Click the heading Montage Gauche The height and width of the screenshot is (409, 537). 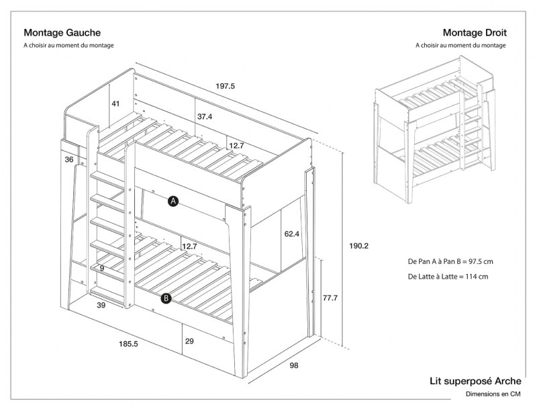coord(62,32)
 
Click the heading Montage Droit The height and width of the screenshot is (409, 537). coord(475,32)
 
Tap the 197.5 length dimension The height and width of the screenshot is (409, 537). coord(225,86)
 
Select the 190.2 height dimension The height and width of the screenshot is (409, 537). coord(360,246)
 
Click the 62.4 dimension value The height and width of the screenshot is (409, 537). coord(292,234)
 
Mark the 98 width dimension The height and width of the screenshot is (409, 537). coord(293,365)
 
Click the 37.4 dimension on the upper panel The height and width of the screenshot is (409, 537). coord(205,116)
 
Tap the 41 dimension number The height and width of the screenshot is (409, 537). coord(115,104)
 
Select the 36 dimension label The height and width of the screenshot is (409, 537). coord(69,160)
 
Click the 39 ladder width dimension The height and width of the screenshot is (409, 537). coord(101,306)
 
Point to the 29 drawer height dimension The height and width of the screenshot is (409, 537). coord(189,342)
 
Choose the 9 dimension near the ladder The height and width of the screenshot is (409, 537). coord(101,268)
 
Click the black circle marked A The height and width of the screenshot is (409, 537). coord(173,201)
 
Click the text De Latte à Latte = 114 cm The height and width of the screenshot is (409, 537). coord(447,277)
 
